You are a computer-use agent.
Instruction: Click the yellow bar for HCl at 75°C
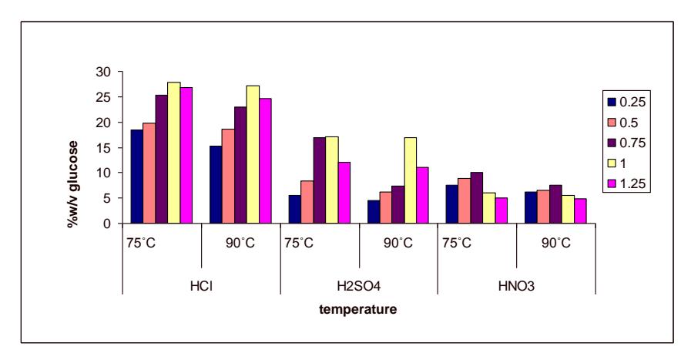173,153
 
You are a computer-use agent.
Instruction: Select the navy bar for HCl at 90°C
216,184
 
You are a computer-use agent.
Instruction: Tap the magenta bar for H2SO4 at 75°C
344,193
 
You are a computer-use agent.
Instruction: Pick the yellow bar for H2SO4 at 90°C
410,180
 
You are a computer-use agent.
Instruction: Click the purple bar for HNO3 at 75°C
476,197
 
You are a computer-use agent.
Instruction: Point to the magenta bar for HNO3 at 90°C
580,211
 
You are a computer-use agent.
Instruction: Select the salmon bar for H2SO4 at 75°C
307,202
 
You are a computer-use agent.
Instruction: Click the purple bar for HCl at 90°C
240,165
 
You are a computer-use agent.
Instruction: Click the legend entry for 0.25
626,102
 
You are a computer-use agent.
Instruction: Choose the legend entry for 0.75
626,143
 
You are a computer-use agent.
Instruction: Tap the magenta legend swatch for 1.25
611,184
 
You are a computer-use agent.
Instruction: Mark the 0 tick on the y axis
107,224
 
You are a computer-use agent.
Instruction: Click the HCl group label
201,286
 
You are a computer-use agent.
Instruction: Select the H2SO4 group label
359,286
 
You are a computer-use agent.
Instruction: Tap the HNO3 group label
516,286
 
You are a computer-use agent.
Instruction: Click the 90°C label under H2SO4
398,243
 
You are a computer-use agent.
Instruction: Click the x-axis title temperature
358,309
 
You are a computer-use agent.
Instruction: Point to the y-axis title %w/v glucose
72,184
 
